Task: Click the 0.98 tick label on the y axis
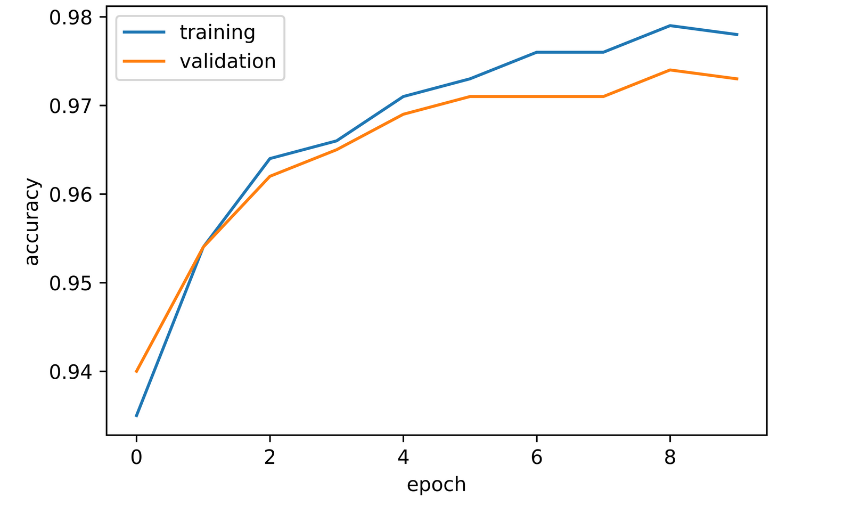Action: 70,18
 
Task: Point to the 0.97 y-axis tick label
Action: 70,106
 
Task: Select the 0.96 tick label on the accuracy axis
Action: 70,194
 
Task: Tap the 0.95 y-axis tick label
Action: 70,283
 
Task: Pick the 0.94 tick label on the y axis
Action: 70,371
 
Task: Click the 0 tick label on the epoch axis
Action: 136,458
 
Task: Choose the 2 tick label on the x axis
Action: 270,458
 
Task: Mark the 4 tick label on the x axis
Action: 403,458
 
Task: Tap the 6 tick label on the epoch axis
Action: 537,458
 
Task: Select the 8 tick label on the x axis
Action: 670,458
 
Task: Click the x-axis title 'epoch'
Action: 436,485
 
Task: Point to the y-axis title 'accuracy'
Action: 32,222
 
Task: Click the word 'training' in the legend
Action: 217,32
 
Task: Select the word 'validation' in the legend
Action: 227,61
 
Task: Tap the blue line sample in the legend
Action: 144,32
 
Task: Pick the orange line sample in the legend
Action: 144,61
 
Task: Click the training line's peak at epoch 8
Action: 670,26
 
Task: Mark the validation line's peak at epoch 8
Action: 670,70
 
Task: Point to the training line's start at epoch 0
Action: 136,415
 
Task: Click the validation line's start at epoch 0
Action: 136,371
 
